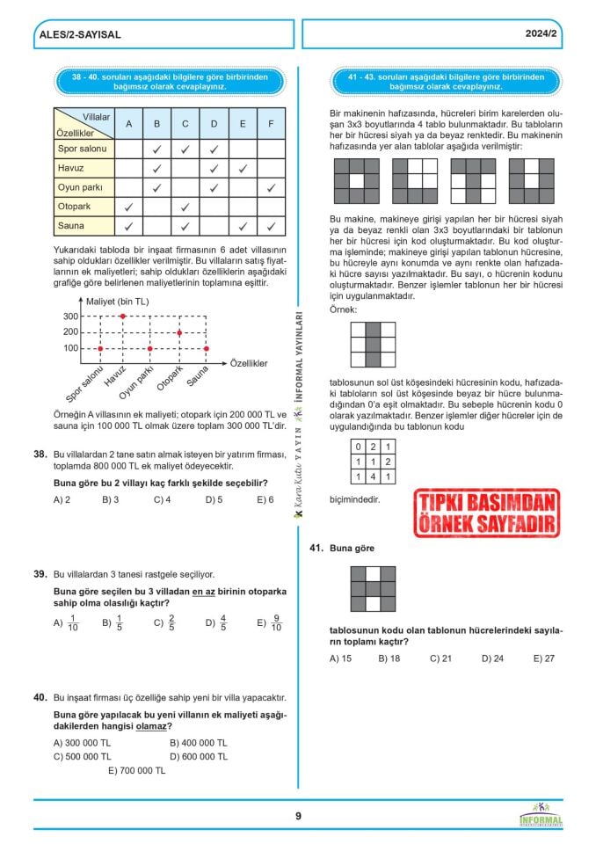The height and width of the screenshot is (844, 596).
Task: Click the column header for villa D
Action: (214, 124)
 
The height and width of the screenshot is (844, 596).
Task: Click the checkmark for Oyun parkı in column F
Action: (271, 187)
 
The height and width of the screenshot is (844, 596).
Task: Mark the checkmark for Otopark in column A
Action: (128, 207)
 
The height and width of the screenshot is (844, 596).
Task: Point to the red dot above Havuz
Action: (122, 316)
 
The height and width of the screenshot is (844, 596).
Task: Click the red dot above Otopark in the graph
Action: (179, 332)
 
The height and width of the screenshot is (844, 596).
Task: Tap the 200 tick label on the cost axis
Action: (70, 332)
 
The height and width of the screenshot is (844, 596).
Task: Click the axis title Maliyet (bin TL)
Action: (117, 301)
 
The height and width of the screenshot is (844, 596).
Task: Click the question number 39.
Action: (40, 574)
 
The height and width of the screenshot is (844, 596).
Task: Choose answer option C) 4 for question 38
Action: (162, 499)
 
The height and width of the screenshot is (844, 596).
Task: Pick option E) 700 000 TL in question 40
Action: (136, 770)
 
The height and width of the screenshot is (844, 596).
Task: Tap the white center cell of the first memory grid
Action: (356, 181)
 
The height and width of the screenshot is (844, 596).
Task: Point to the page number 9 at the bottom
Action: (298, 816)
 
